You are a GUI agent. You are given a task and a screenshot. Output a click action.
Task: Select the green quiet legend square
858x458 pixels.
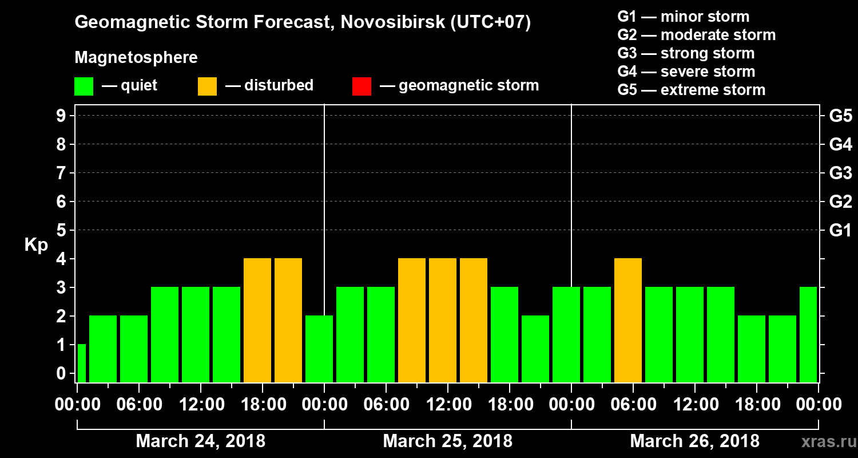click(84, 86)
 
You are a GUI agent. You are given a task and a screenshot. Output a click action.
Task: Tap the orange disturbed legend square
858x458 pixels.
click(207, 86)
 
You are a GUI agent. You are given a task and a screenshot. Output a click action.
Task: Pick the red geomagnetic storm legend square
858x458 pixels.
click(362, 86)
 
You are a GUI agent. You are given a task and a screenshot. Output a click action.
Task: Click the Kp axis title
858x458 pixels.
click(36, 245)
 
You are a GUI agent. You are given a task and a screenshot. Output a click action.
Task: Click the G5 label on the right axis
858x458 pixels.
click(840, 116)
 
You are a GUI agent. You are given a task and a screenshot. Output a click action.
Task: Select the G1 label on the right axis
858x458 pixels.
click(840, 231)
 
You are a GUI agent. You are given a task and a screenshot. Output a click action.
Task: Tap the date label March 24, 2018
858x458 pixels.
click(200, 441)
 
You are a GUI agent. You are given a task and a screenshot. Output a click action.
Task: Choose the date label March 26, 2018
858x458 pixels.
click(694, 441)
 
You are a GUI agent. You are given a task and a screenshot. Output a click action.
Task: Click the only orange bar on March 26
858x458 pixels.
click(628, 321)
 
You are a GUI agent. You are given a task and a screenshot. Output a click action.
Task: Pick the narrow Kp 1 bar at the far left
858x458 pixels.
click(81, 363)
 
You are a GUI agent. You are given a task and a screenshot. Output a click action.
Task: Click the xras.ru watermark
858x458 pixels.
click(824, 442)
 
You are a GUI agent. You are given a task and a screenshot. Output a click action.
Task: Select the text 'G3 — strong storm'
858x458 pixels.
click(686, 53)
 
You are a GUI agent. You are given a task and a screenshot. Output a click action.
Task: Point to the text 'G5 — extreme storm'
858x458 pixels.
click(691, 90)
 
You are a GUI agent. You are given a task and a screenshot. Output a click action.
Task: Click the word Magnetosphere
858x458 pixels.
click(136, 58)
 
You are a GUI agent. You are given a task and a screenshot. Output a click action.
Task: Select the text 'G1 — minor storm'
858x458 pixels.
click(683, 17)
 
